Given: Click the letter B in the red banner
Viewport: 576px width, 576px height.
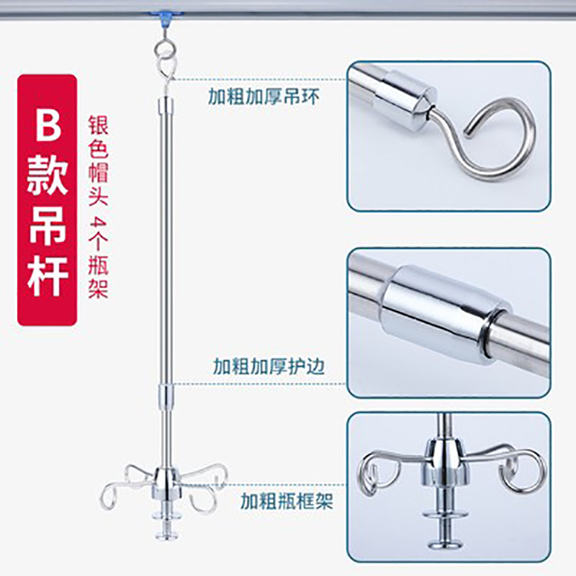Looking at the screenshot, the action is (x=48, y=123).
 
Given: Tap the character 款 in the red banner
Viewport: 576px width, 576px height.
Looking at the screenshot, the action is (x=48, y=174).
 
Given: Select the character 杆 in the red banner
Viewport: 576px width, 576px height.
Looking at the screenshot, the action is (x=48, y=276).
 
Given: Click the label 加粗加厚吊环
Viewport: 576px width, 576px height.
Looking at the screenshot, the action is (x=264, y=96).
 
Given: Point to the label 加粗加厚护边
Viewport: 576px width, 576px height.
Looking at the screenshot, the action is (x=269, y=366).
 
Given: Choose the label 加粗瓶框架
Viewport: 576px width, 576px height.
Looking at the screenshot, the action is (x=287, y=501).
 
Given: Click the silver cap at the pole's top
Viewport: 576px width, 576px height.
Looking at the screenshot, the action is (x=166, y=105).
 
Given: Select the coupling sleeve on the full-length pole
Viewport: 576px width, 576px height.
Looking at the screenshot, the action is (x=167, y=397).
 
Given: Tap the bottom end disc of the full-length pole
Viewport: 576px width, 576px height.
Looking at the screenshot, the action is (x=166, y=535).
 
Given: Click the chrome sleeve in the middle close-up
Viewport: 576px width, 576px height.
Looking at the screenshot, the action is (x=445, y=314).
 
